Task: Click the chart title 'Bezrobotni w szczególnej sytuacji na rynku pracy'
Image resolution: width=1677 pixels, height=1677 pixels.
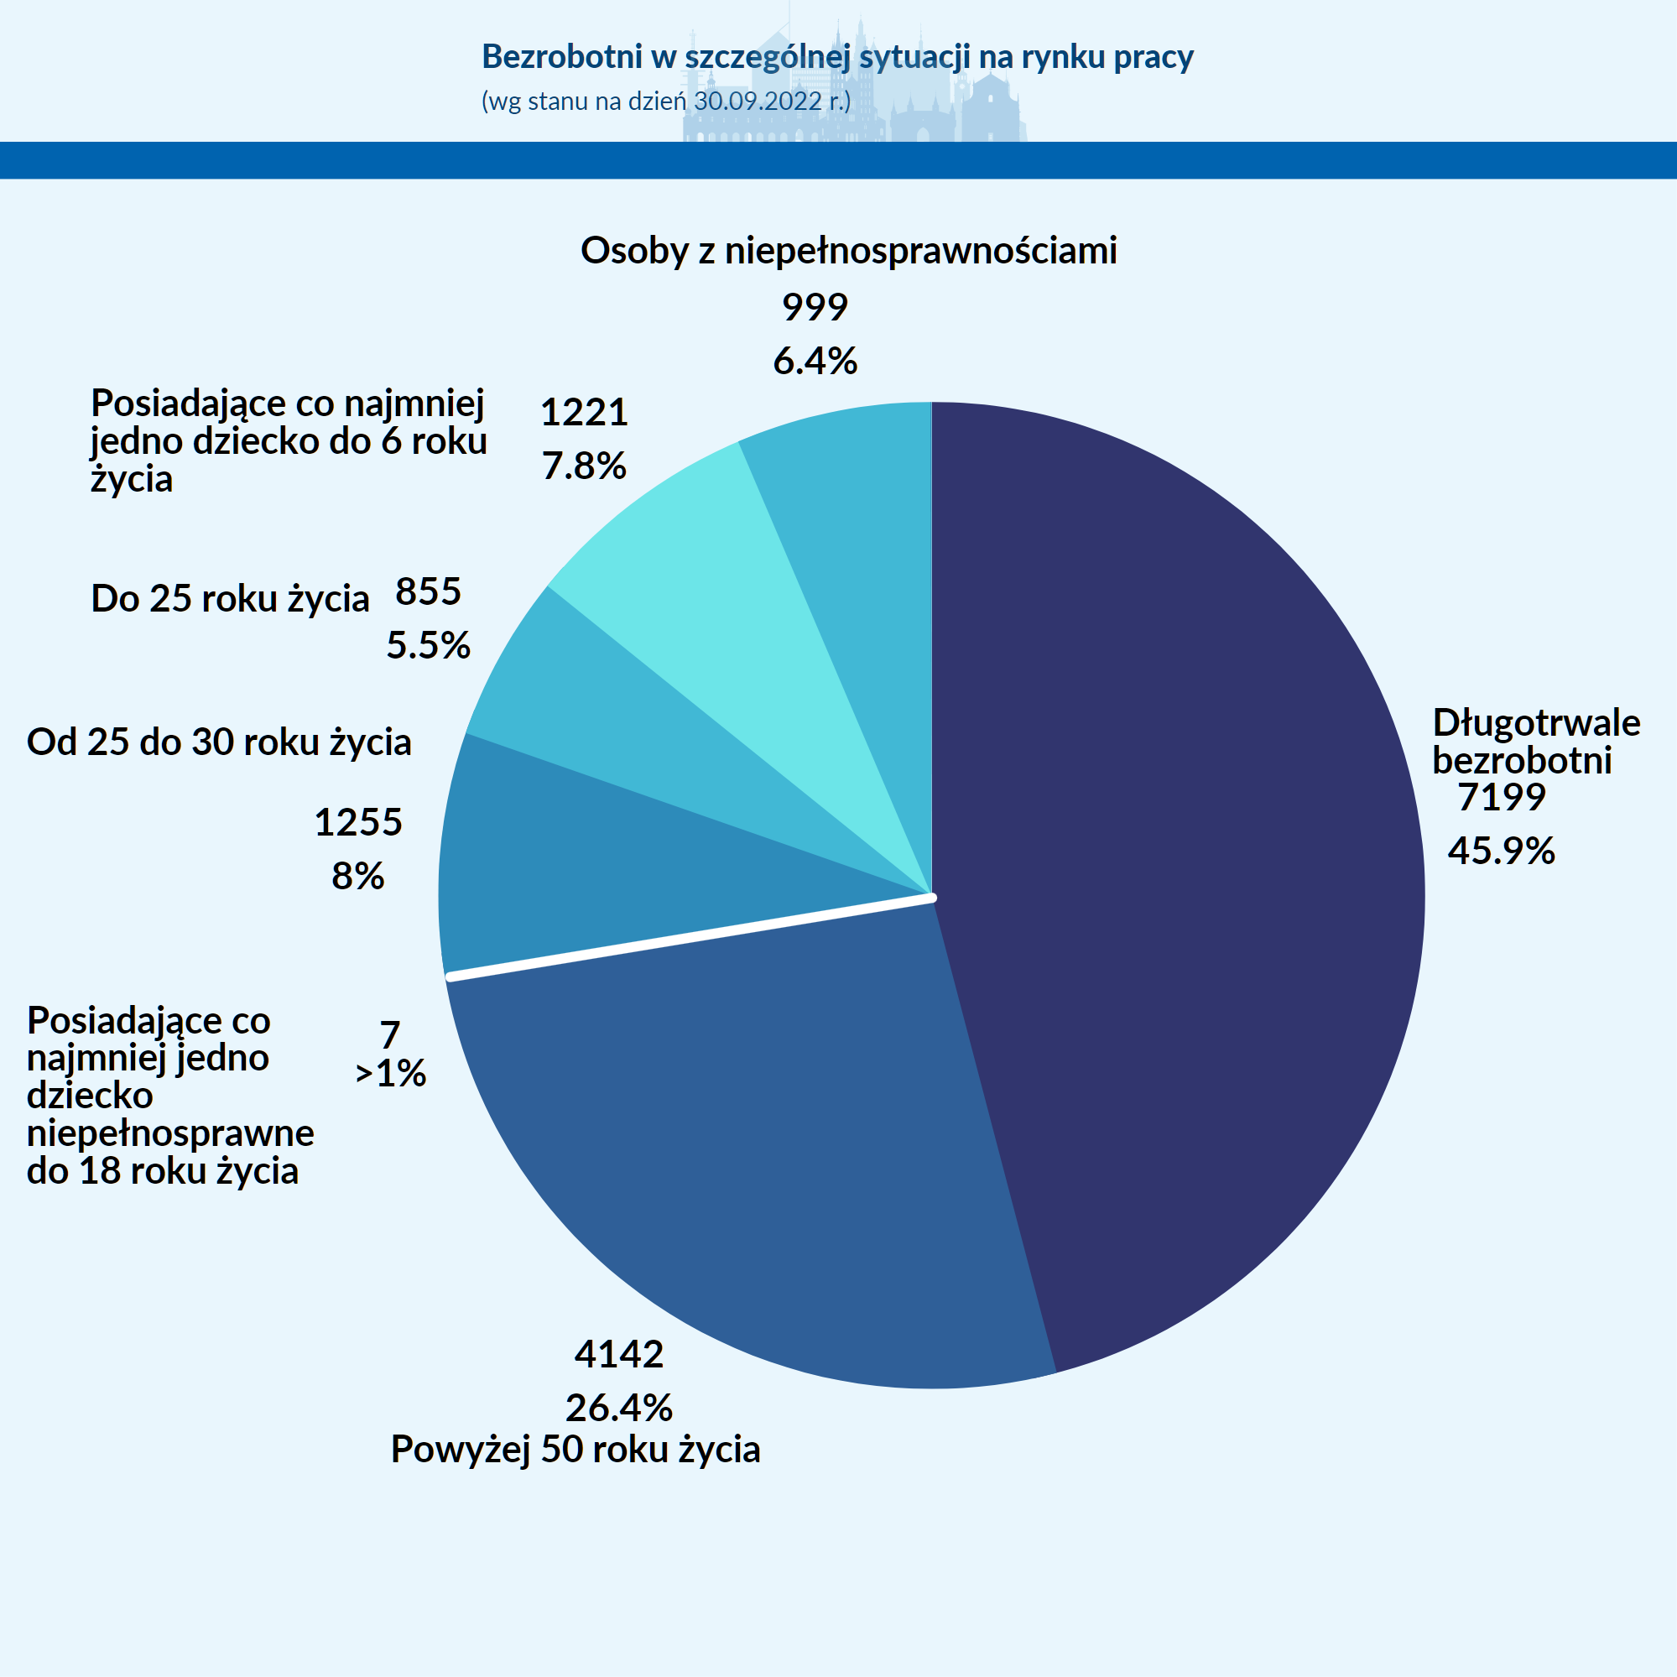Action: (x=837, y=56)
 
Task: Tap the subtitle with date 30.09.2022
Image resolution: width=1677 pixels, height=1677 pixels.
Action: (x=666, y=102)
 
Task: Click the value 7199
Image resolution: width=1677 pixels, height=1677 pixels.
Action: (x=1502, y=797)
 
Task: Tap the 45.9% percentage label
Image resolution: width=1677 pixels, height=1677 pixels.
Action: (x=1502, y=851)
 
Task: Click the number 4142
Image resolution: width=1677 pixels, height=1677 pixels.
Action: (x=619, y=1354)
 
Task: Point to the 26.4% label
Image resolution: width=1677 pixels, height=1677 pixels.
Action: (x=619, y=1407)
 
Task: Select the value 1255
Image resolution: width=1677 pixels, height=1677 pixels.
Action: (x=358, y=822)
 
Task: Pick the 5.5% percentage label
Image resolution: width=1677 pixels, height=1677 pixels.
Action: (x=428, y=645)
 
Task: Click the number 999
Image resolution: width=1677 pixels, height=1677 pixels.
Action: (x=815, y=307)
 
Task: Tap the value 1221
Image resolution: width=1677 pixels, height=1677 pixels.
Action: (x=584, y=412)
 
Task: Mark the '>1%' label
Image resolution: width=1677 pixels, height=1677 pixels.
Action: (x=391, y=1074)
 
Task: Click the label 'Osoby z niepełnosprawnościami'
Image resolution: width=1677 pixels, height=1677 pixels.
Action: (x=849, y=251)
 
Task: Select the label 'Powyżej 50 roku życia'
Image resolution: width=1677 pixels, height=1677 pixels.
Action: (x=575, y=1450)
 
